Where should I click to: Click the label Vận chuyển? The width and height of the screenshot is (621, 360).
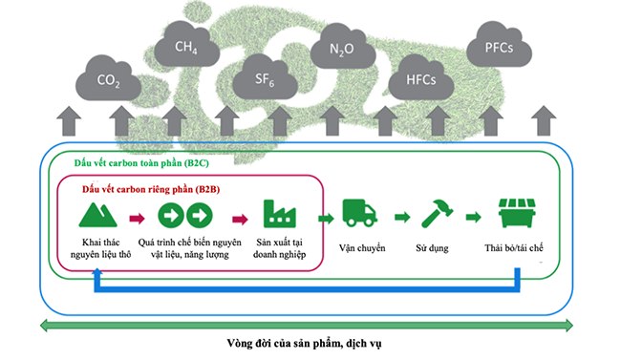point(362,248)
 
